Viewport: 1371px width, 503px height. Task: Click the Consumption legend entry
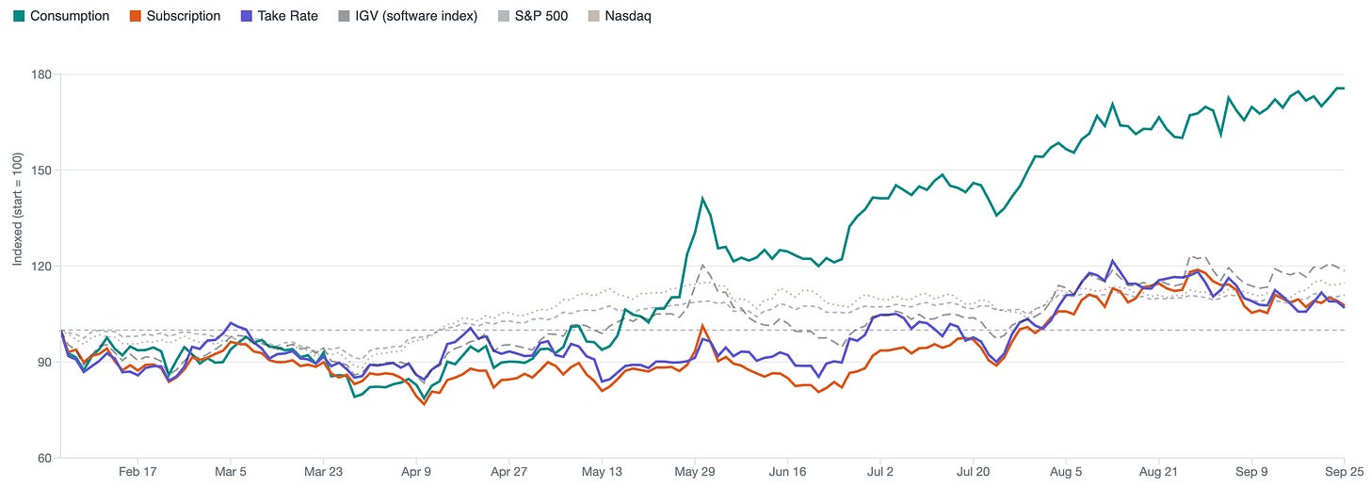click(x=61, y=16)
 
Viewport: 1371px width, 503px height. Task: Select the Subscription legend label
click(x=175, y=16)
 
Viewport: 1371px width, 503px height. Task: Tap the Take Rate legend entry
click(x=280, y=16)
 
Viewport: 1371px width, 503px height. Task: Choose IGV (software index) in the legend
click(x=409, y=16)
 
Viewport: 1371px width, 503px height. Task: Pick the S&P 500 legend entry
click(x=533, y=16)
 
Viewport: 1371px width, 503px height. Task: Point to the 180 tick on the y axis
click(x=41, y=74)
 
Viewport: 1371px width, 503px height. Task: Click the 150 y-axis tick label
click(x=41, y=170)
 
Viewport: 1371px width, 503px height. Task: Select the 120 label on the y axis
click(x=41, y=267)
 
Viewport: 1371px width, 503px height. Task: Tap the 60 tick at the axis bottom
click(x=44, y=459)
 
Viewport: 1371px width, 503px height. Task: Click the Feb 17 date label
click(x=137, y=472)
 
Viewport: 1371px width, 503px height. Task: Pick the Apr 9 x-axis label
click(x=416, y=472)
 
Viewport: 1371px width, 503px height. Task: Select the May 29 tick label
click(x=695, y=472)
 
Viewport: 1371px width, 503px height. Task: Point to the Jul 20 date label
click(x=974, y=472)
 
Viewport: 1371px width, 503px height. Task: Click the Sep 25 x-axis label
click(x=1344, y=472)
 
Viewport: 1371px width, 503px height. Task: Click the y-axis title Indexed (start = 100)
click(x=17, y=209)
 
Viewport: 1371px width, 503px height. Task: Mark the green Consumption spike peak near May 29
click(x=702, y=198)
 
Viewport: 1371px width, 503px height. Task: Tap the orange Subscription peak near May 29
click(x=702, y=326)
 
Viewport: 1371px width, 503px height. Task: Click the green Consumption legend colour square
click(x=19, y=16)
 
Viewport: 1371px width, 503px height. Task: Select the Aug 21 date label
click(x=1158, y=472)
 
